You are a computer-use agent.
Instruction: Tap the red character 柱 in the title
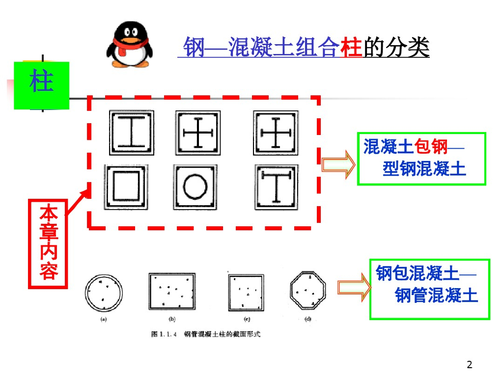(351, 47)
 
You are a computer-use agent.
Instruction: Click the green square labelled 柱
(42, 85)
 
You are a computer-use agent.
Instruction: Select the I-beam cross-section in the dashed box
(132, 133)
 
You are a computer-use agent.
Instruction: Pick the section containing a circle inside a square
(195, 187)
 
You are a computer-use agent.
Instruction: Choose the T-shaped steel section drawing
(276, 187)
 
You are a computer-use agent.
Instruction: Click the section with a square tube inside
(126, 187)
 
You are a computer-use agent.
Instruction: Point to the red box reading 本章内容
(48, 244)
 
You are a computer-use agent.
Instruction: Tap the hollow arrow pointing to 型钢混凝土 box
(338, 164)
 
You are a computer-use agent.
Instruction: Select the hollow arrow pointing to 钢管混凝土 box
(354, 287)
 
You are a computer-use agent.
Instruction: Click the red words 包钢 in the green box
(431, 147)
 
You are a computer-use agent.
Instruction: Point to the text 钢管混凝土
(436, 295)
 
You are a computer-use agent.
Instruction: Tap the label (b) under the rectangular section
(172, 319)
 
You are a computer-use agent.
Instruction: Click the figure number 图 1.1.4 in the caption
(164, 334)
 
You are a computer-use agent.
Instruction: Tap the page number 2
(469, 365)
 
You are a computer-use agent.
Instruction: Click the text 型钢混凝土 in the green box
(424, 169)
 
